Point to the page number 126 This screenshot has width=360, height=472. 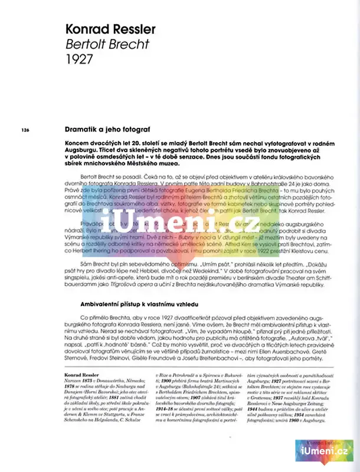coord(25,130)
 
